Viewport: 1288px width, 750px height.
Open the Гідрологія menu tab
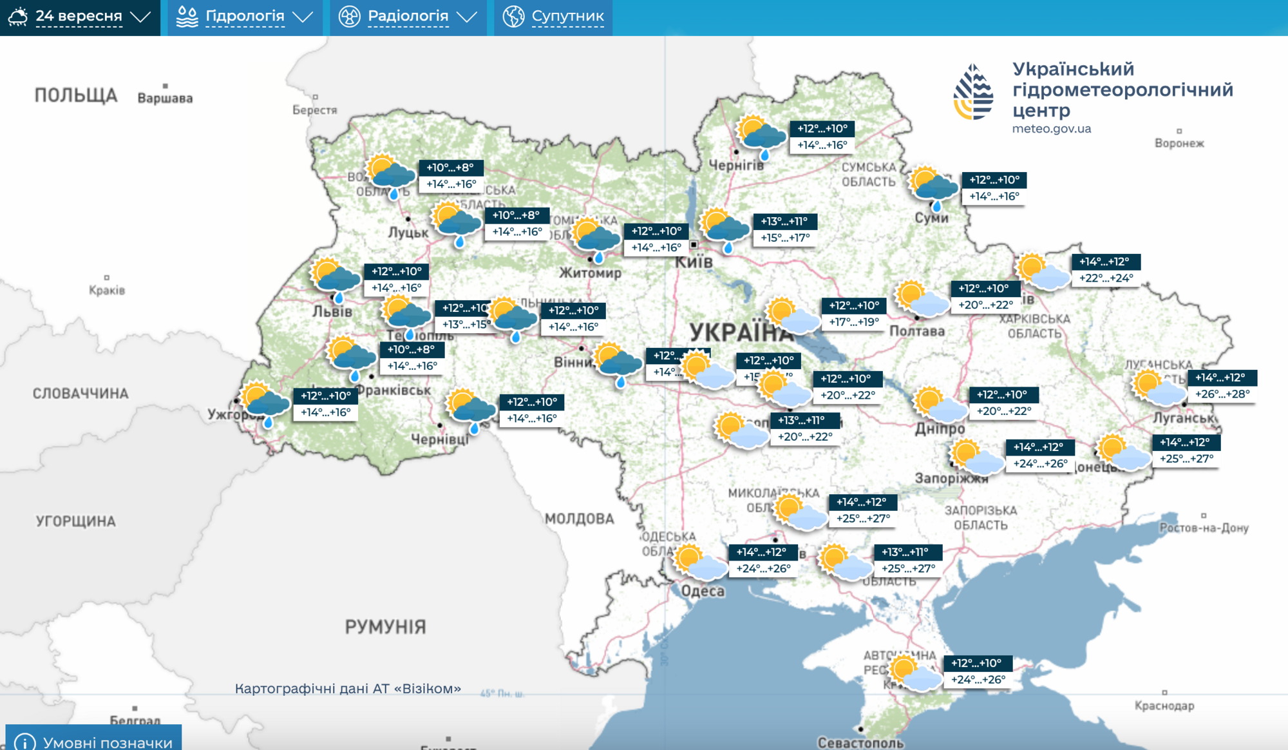click(245, 17)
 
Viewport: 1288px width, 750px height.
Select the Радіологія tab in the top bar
click(408, 17)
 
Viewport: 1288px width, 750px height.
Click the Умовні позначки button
click(94, 741)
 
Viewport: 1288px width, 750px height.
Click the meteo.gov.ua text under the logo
click(1051, 129)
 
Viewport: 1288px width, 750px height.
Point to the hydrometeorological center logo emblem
click(973, 91)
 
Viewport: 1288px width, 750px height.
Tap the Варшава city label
click(165, 98)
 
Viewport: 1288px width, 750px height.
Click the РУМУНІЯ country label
click(385, 626)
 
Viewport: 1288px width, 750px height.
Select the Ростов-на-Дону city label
click(1204, 528)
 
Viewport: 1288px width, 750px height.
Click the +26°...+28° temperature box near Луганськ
click(1222, 394)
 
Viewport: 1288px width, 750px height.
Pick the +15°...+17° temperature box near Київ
click(785, 238)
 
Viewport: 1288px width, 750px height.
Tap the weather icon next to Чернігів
click(761, 137)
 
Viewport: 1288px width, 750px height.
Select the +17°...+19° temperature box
click(853, 322)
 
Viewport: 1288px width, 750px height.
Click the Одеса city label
click(703, 591)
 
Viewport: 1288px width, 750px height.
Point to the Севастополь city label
click(860, 742)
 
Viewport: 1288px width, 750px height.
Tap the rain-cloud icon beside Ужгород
click(265, 403)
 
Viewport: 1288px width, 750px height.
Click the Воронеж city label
click(1179, 143)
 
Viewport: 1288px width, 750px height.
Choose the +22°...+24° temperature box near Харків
click(1106, 278)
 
